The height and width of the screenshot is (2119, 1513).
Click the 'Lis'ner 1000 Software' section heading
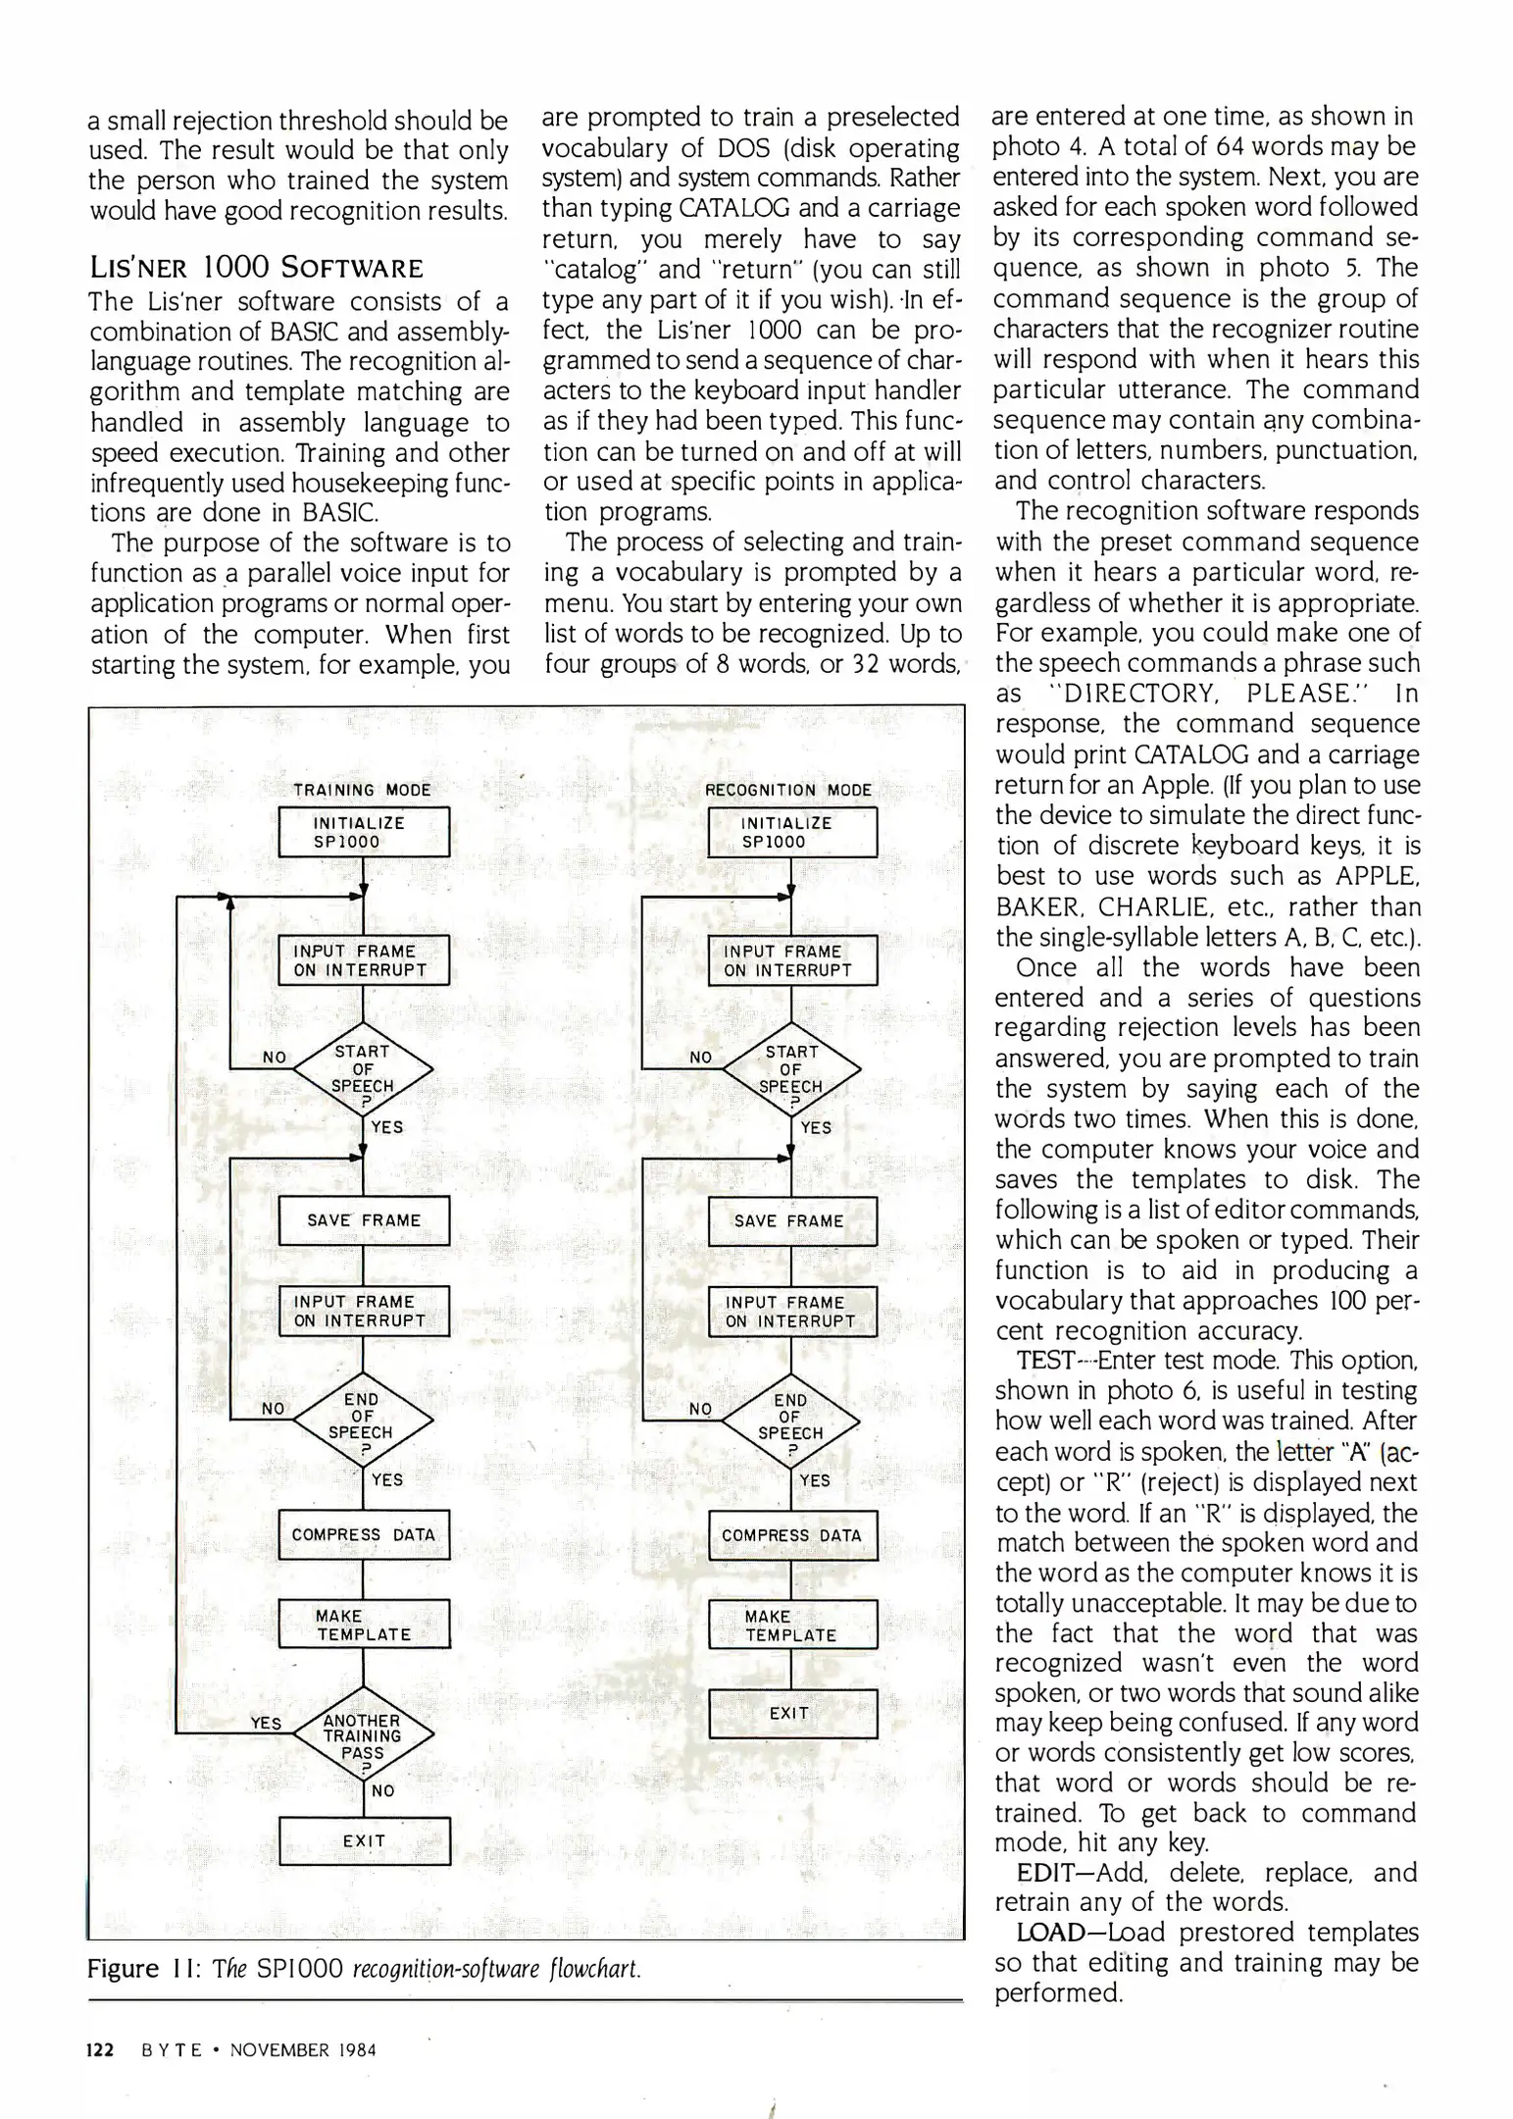pos(257,268)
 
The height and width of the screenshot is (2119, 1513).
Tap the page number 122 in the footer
pos(101,2049)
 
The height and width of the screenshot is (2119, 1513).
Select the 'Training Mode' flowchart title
pos(362,790)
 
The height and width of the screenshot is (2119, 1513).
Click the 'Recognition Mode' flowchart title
pos(788,790)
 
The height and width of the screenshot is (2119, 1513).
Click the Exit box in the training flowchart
pos(364,1841)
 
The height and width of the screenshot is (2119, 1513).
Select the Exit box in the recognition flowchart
pos(791,1713)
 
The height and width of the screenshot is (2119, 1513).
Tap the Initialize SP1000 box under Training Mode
pos(364,832)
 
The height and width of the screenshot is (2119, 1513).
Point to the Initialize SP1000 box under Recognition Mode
pos(791,832)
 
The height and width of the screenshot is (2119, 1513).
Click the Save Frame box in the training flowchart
pos(364,1220)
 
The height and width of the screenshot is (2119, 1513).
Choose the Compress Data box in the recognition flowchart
pos(791,1535)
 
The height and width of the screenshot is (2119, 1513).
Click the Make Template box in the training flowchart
pos(364,1625)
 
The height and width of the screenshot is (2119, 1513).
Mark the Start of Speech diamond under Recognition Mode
pos(791,1069)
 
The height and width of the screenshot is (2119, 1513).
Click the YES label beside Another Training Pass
pos(266,1724)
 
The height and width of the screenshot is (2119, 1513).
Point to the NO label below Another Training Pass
pos(383,1791)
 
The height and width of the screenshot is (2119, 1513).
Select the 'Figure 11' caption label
pos(136,1969)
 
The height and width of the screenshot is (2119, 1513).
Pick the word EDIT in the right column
pos(1045,1873)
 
